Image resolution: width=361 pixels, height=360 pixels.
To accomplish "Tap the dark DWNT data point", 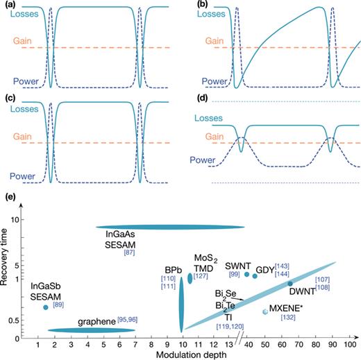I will coord(290,284).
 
